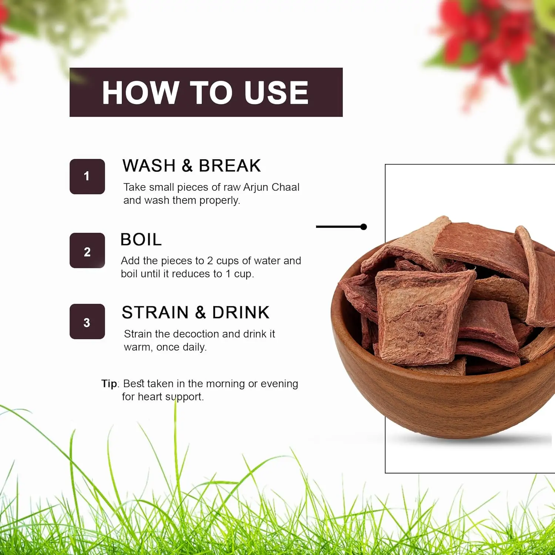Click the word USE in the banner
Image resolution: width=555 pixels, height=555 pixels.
pos(276,92)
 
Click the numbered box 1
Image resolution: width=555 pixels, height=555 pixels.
pos(87,176)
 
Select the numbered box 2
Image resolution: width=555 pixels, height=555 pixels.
pos(87,250)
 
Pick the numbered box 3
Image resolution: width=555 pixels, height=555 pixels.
pos(87,322)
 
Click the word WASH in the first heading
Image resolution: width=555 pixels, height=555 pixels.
pos(149,165)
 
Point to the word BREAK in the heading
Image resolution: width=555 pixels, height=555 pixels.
pos(230,165)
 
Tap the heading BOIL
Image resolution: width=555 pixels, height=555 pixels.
pos(141,239)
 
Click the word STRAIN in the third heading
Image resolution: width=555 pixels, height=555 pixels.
pos(155,313)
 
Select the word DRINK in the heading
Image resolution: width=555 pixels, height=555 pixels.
pos(241,313)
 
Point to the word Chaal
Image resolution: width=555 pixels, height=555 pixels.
pos(286,187)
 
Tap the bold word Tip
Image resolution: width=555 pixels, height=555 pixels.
pos(109,384)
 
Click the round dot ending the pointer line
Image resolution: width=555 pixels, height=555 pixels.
pos(364,227)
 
